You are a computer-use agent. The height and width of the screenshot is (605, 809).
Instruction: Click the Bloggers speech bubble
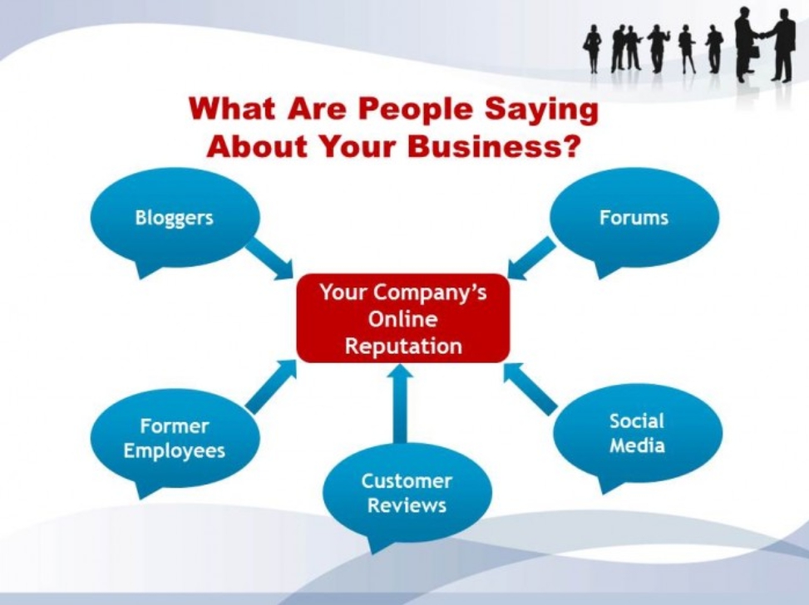[175, 219]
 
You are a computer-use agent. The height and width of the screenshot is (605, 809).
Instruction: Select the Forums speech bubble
[634, 219]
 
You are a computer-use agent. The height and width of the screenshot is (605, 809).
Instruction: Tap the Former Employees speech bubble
[175, 440]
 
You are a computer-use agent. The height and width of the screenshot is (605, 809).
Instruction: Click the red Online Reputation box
[403, 318]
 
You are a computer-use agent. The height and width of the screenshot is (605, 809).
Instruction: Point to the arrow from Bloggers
[269, 259]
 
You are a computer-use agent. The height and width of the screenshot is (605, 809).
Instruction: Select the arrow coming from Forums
[531, 258]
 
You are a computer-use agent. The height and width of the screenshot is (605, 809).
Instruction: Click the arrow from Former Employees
[271, 386]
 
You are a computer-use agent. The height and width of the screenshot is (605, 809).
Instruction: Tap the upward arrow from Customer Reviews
[400, 404]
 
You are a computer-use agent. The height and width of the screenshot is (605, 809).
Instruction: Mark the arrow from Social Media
[530, 388]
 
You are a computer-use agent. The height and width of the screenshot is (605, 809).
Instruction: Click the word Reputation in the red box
[403, 346]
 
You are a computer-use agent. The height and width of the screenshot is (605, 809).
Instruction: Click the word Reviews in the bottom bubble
[407, 505]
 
